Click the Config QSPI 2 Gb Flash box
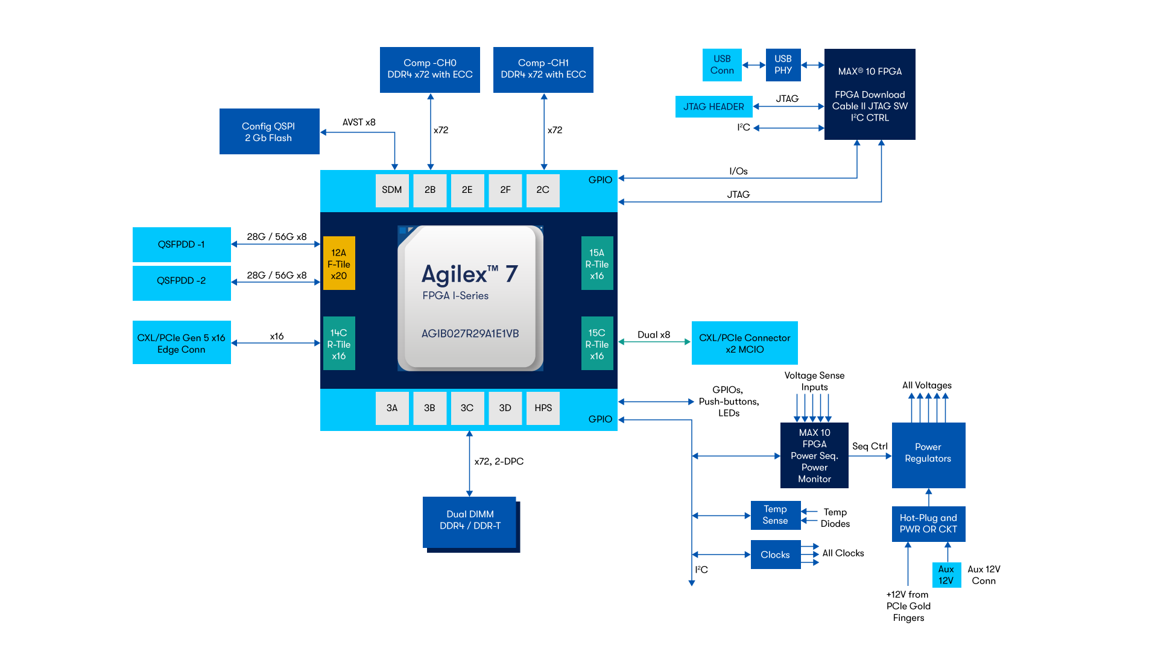click(x=269, y=131)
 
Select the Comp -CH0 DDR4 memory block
click(x=429, y=69)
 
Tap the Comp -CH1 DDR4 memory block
click(x=543, y=69)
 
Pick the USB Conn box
click(x=722, y=64)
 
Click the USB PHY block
click(x=783, y=64)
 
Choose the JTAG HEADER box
click(x=713, y=107)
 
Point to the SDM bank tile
click(x=391, y=190)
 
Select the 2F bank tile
click(x=505, y=190)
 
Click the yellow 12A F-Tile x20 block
click(x=339, y=263)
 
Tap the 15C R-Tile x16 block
click(x=596, y=344)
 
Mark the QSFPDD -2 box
click(x=182, y=281)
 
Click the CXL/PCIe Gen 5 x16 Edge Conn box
click(x=182, y=343)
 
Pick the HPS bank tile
click(x=543, y=408)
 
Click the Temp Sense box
click(x=775, y=515)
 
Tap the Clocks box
click(x=775, y=555)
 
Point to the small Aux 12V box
click(x=946, y=575)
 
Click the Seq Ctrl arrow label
click(x=870, y=447)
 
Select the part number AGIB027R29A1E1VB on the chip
click(x=470, y=334)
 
